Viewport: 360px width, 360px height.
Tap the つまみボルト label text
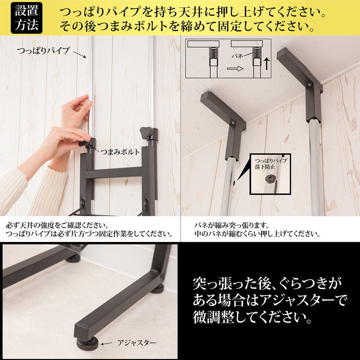pos(120,152)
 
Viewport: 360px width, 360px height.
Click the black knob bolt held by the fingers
pos(85,143)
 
